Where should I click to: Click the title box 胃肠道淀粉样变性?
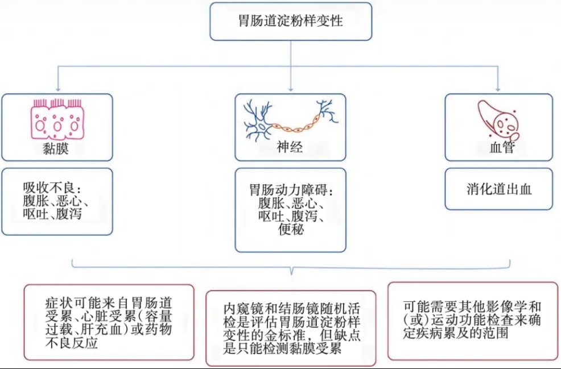tap(291, 22)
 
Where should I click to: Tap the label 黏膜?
tap(56, 149)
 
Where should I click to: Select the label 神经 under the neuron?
tap(290, 148)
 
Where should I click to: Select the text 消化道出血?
tap(498, 189)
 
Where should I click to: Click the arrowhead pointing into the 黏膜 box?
tap(56, 89)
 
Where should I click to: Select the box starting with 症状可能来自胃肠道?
tap(109, 322)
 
